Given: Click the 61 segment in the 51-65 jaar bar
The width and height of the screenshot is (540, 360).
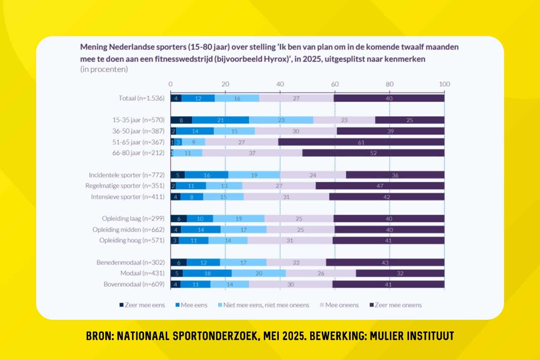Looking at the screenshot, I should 361,142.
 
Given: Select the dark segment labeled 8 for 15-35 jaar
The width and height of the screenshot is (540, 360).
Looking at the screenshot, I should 181,120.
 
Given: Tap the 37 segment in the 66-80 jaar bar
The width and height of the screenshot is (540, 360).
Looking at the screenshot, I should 252,153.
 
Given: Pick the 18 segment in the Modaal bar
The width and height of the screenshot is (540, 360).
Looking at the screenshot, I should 207,273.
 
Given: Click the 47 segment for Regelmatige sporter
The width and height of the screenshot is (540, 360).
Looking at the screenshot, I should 380,186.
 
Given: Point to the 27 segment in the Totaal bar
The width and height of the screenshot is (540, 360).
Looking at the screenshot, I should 296,98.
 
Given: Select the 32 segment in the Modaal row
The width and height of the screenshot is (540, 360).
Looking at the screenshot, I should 400,273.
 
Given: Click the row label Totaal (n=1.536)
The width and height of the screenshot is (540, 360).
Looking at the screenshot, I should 141,98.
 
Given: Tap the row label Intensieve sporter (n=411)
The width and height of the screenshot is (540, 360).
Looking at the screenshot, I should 128,197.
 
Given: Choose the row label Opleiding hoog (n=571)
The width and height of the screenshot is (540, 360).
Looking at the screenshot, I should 132,240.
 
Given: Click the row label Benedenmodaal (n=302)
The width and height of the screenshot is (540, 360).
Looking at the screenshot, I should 130,262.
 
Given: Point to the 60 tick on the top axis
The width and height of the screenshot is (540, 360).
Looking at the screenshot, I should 335,84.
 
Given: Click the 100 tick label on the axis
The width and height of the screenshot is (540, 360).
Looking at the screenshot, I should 444,84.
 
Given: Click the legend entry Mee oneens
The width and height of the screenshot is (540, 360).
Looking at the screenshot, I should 342,305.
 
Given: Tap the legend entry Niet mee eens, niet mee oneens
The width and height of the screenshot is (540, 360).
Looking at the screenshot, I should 266,305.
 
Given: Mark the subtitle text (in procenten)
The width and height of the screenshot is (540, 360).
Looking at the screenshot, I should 104,69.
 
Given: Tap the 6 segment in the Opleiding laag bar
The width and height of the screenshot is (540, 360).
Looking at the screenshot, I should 179,219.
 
